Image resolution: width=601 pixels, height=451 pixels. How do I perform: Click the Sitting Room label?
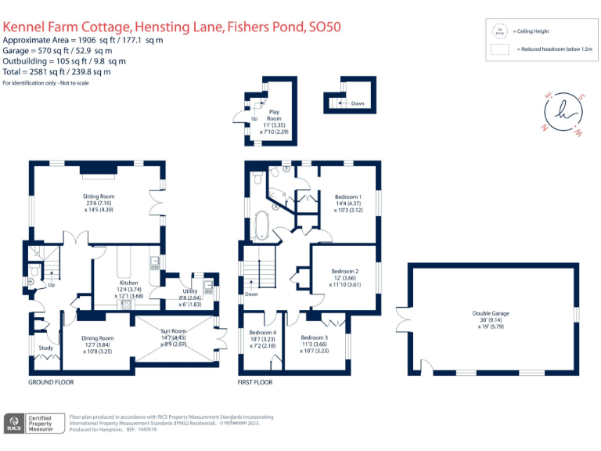99,196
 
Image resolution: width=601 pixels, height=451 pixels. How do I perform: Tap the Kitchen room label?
128,283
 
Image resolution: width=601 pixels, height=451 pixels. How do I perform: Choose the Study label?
45,348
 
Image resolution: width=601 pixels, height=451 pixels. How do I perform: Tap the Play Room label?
274,112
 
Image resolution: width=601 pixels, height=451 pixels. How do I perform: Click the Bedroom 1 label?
347,197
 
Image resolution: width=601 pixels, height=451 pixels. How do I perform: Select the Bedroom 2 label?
345,272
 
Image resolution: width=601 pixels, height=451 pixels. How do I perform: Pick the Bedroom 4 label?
257,332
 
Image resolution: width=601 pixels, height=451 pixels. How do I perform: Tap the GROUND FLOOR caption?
51,383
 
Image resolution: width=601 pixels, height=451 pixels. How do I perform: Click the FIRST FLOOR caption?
255,383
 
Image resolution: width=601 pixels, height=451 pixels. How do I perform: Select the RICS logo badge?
14,423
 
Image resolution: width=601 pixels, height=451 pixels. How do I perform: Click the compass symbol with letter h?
563,113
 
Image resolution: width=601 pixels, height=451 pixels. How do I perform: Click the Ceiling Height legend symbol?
498,32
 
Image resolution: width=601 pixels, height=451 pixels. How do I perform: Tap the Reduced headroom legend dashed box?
498,49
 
